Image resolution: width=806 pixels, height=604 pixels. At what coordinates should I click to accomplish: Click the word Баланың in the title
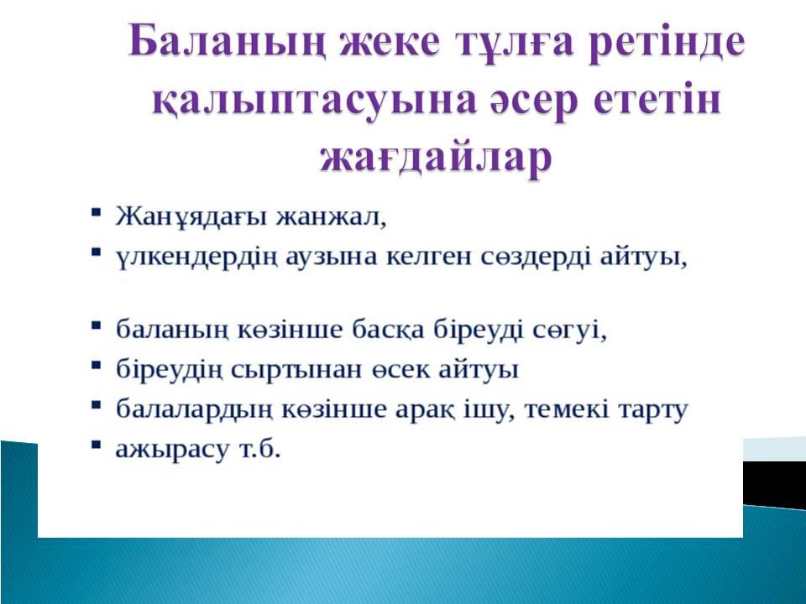[x=227, y=43]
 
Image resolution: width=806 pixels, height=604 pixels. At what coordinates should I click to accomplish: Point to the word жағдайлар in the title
[x=436, y=158]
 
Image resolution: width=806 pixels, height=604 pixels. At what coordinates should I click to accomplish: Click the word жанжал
[x=331, y=216]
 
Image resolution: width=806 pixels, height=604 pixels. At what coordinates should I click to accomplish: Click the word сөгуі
[x=569, y=329]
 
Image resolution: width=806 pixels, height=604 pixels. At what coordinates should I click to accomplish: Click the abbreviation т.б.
[x=260, y=449]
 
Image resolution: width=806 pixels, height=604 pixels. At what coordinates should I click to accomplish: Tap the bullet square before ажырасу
[x=96, y=445]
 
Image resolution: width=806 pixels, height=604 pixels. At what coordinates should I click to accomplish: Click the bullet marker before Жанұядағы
[x=96, y=211]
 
